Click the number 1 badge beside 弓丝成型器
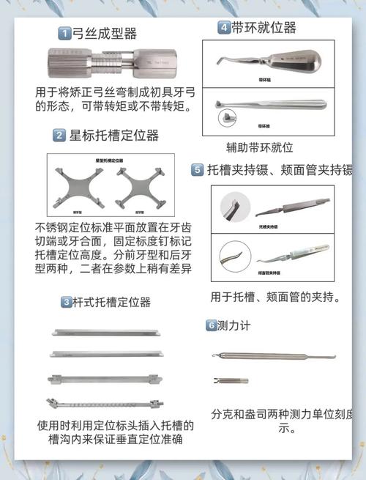click(x=65, y=34)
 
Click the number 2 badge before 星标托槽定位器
click(x=59, y=136)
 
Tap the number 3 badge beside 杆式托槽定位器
click(x=66, y=302)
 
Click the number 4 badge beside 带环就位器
click(x=223, y=28)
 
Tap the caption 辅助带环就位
click(x=259, y=147)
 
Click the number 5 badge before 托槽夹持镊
click(x=198, y=170)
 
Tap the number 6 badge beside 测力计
click(x=211, y=325)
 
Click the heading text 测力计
click(x=234, y=325)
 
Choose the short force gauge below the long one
click(x=229, y=380)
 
